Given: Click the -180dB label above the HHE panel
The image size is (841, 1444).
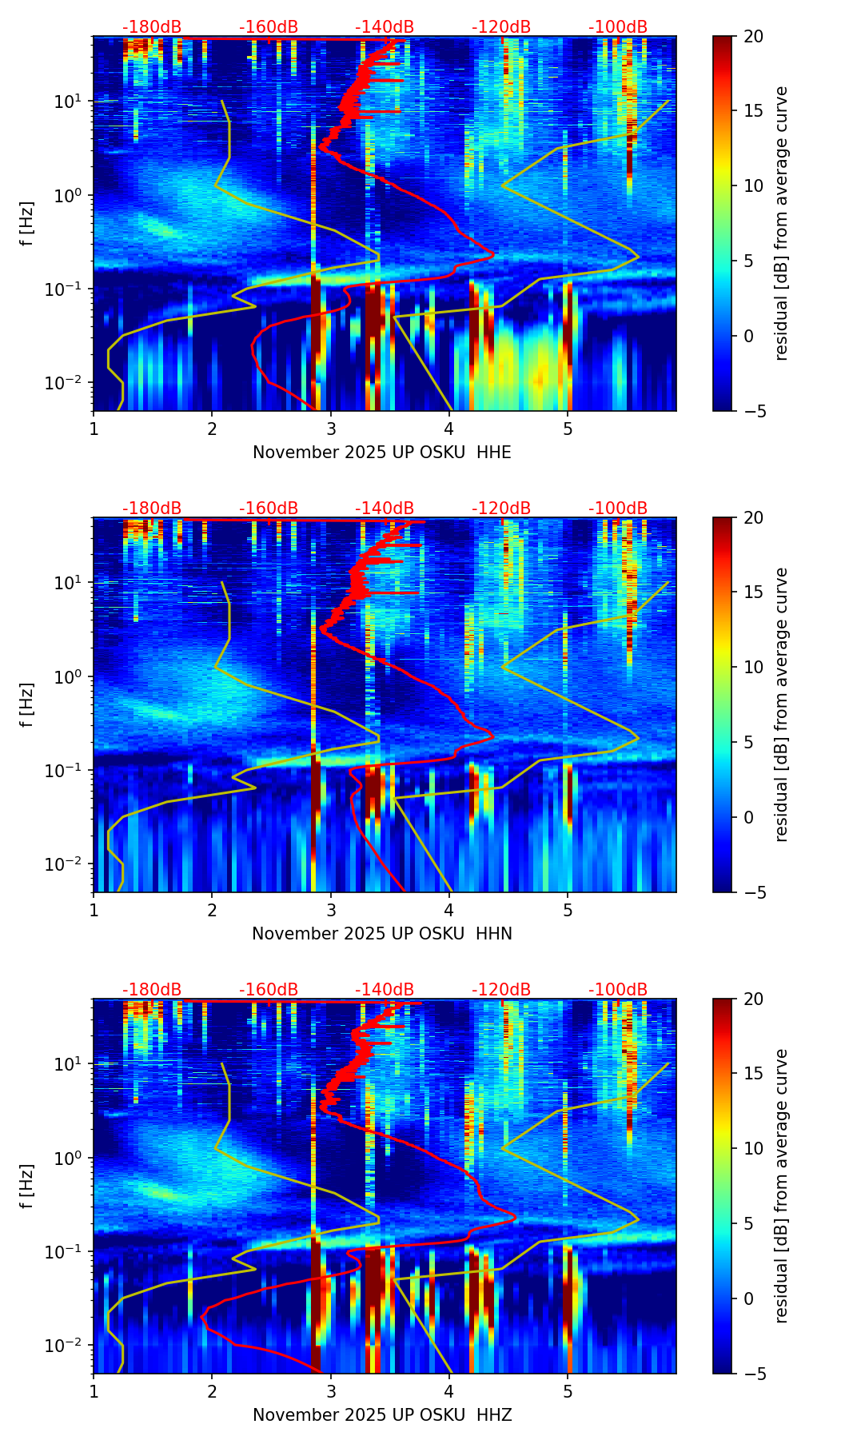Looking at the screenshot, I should (152, 27).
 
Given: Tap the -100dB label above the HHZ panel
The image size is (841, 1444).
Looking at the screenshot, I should (618, 990).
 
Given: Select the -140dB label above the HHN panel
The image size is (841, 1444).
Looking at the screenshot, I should (385, 509).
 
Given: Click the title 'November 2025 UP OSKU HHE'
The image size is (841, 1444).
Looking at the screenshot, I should (382, 453).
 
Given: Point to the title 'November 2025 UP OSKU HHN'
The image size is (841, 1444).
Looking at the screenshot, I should (382, 934).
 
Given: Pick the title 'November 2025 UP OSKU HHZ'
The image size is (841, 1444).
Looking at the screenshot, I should (382, 1415).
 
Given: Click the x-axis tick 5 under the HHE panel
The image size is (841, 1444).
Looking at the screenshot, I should (568, 429).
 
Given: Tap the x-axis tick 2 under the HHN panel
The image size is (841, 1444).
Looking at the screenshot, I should (212, 910).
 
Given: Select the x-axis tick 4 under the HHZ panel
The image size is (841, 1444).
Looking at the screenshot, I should (449, 1391).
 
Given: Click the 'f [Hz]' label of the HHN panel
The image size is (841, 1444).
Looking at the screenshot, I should (27, 704).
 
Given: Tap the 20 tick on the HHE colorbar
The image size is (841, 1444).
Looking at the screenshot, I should (753, 37).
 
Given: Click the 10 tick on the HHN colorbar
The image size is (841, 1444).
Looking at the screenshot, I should (753, 667).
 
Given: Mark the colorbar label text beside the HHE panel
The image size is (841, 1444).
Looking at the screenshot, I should (781, 223).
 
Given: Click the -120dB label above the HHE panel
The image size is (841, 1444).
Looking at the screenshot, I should (501, 27).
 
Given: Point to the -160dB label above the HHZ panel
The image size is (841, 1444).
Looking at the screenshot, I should (269, 990).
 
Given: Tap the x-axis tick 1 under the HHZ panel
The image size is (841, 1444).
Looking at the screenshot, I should (94, 1391).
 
